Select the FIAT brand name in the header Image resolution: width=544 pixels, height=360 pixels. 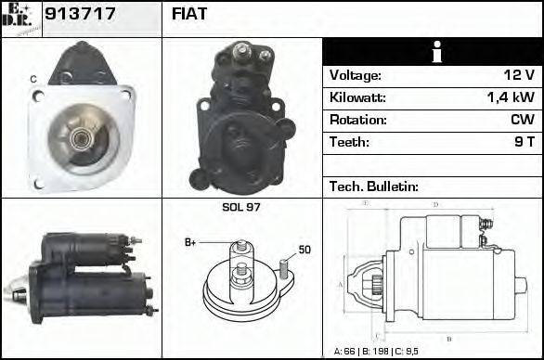(189, 14)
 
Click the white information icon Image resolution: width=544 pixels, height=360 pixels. (435, 52)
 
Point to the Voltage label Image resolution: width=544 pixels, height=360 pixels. (355, 75)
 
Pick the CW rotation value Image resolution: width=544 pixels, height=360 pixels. (522, 120)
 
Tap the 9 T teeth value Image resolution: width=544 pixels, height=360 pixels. (525, 142)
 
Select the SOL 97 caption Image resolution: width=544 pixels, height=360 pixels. (241, 207)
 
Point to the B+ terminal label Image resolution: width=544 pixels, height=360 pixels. (190, 242)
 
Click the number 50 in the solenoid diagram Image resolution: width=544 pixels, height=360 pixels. (304, 250)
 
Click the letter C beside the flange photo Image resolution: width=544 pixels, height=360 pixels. (33, 81)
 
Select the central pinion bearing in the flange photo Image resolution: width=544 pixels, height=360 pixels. (81, 139)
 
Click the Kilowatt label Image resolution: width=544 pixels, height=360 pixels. (357, 97)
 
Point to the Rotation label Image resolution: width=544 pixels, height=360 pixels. (356, 120)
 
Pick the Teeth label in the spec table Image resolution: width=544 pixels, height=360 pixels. (349, 142)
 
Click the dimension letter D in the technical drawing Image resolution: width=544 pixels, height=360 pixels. (435, 204)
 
